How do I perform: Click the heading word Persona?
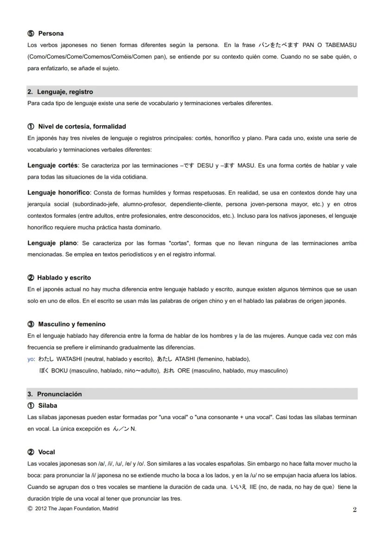(51, 33)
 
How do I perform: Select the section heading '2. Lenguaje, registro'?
(60, 92)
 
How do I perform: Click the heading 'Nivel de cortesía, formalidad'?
(82, 126)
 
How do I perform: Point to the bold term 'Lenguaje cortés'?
(52, 165)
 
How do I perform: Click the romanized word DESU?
(205, 166)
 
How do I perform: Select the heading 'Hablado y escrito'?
(64, 278)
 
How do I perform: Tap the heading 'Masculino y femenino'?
(71, 324)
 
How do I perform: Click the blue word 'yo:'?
(31, 359)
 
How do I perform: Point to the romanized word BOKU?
(59, 371)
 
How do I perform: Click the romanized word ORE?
(184, 371)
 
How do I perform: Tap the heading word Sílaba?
(47, 406)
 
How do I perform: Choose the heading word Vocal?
(46, 452)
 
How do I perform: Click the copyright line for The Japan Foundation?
(73, 509)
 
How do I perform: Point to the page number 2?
(354, 510)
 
